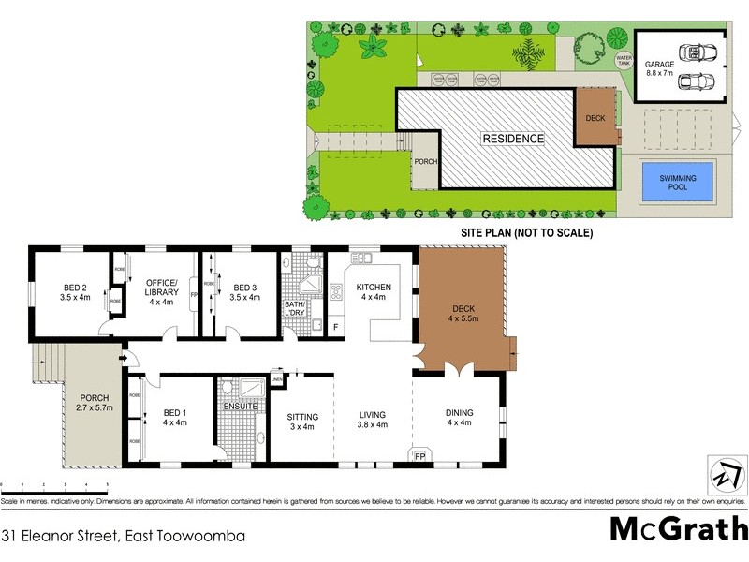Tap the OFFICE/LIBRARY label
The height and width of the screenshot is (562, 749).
pos(161,292)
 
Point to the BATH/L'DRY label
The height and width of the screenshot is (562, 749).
pos(300,310)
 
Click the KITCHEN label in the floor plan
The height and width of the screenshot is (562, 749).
pos(374,292)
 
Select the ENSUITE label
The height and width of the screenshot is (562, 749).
pos(239,407)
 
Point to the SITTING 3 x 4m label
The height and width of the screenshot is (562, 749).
pos(302,421)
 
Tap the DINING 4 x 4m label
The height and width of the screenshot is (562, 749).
pos(459,418)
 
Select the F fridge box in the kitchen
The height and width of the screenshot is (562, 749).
pos(336,326)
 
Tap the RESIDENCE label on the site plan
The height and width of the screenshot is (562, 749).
pos(512,139)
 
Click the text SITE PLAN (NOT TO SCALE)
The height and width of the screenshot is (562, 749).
pos(526,231)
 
